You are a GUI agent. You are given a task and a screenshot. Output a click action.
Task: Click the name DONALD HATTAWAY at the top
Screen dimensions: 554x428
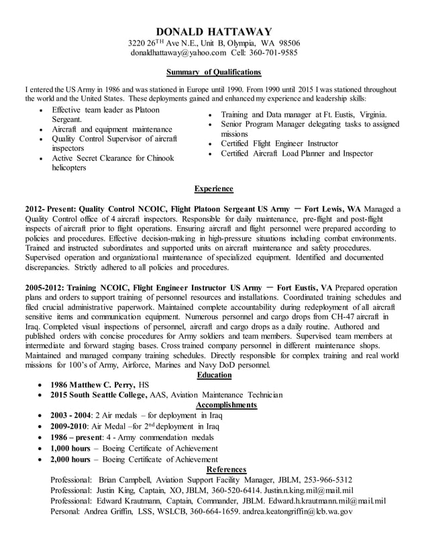213,32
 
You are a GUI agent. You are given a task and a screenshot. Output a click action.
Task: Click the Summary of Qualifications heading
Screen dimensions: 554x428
213,72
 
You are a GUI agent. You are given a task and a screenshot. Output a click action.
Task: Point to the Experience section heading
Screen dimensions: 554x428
213,189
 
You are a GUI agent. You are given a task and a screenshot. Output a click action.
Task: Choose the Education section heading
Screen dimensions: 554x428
214,375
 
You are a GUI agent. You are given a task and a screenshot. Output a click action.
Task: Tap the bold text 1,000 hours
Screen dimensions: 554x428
70,448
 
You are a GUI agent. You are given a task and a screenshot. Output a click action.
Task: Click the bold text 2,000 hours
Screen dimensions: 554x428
70,459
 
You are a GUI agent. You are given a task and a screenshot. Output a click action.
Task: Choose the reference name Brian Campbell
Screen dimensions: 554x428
125,480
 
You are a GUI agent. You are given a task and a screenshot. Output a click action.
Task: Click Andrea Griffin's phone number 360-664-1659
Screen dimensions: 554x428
207,512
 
